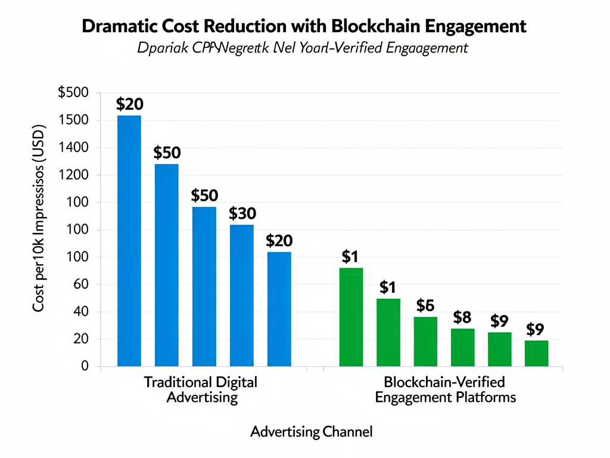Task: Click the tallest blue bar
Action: [x=129, y=240]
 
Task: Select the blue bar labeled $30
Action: [x=241, y=295]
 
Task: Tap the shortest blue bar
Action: [x=279, y=309]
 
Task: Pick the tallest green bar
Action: [x=351, y=317]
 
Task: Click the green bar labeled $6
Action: [x=425, y=341]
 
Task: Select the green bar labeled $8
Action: [x=462, y=347]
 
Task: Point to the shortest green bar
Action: [x=536, y=353]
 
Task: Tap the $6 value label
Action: [x=425, y=305]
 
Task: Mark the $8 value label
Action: [x=462, y=317]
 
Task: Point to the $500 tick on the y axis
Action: [x=73, y=93]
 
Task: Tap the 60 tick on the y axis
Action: [x=80, y=284]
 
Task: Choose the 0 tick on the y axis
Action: [x=85, y=366]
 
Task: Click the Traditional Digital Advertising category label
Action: [x=201, y=389]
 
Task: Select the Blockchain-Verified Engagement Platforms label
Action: [x=444, y=389]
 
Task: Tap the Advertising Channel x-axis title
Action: [x=311, y=431]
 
